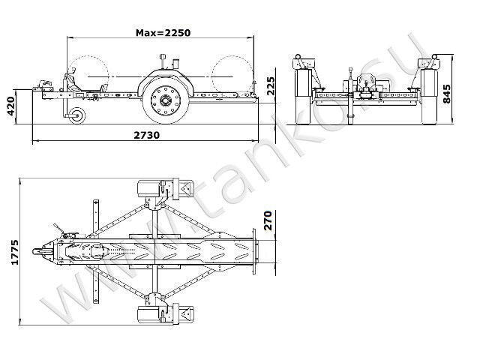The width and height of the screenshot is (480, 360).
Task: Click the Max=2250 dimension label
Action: click(163, 33)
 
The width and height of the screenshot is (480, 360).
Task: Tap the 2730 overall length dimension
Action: click(147, 135)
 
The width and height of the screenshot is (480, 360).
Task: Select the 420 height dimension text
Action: click(11, 106)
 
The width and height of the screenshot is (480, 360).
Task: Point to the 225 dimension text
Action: click(271, 86)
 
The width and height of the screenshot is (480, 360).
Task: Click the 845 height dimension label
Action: click(447, 94)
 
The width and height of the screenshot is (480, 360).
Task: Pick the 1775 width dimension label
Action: click(15, 252)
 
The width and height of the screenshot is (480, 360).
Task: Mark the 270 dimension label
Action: click(268, 220)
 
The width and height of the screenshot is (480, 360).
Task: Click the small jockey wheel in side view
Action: click(76, 115)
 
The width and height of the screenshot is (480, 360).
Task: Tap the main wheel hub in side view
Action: click(166, 100)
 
